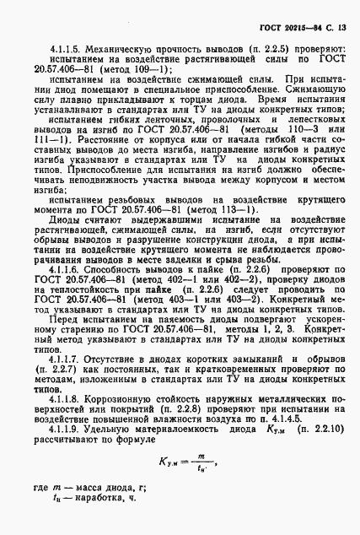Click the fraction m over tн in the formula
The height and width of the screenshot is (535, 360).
[201, 484]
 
